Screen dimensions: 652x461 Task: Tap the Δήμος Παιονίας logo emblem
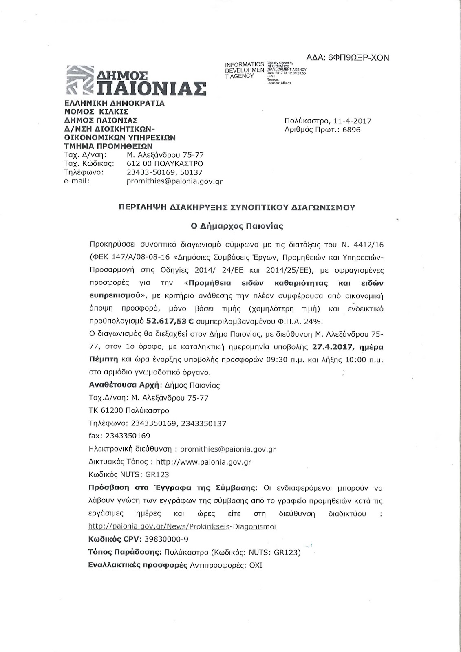click(80, 80)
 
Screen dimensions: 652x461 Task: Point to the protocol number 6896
click(352, 130)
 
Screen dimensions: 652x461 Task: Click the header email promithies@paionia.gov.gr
click(174, 182)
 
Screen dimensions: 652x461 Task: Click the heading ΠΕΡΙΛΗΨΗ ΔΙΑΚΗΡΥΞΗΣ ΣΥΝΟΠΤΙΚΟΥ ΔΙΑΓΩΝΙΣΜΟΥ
click(236, 207)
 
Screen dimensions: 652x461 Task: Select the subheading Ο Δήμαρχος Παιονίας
click(237, 225)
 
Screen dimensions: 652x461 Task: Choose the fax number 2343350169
click(128, 436)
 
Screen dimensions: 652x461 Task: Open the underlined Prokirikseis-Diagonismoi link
click(182, 526)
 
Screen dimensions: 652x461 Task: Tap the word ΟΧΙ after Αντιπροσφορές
click(256, 566)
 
